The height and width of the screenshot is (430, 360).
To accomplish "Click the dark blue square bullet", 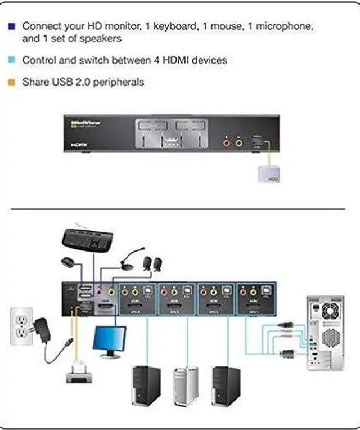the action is (12, 26).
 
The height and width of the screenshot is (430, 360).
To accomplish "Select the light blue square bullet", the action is (12, 59).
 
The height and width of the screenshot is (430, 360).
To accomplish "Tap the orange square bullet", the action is (12, 82).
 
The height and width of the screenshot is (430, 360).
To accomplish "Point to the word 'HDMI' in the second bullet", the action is (183, 59).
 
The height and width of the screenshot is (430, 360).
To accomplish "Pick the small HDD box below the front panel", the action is (269, 174).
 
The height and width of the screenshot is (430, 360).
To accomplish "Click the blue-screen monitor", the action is (110, 341).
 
